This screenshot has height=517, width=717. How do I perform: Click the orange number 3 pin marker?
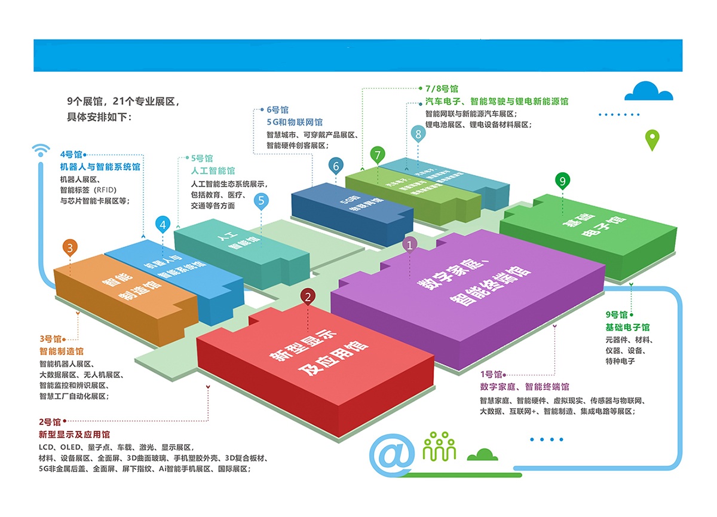point(71,247)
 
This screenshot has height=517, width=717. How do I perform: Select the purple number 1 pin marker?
point(410,244)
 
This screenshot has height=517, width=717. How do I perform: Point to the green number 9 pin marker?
point(562,180)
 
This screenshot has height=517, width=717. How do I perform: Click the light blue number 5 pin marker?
point(261,200)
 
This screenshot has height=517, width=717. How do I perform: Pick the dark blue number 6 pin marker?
point(336,166)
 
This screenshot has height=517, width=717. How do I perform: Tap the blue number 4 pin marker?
point(163,225)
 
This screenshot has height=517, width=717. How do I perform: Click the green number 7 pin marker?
point(377,155)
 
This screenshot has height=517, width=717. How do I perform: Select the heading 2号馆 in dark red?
point(50,422)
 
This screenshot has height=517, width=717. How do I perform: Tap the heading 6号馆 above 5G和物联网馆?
point(277,110)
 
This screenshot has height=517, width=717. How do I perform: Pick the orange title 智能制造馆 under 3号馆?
point(62,351)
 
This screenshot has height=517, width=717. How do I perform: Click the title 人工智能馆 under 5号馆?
point(213,171)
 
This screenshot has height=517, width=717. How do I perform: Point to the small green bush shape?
point(482,455)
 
